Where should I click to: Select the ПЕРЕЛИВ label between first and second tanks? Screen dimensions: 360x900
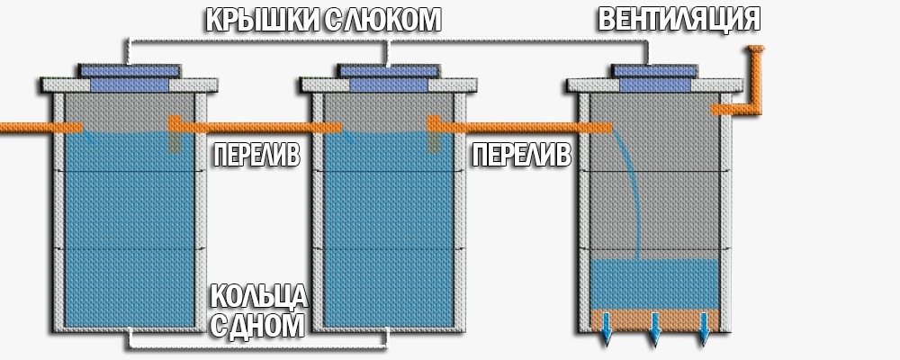click(x=256, y=155)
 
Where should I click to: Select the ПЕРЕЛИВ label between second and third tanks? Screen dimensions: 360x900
click(x=521, y=155)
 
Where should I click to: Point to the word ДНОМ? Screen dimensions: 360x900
click(x=270, y=325)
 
